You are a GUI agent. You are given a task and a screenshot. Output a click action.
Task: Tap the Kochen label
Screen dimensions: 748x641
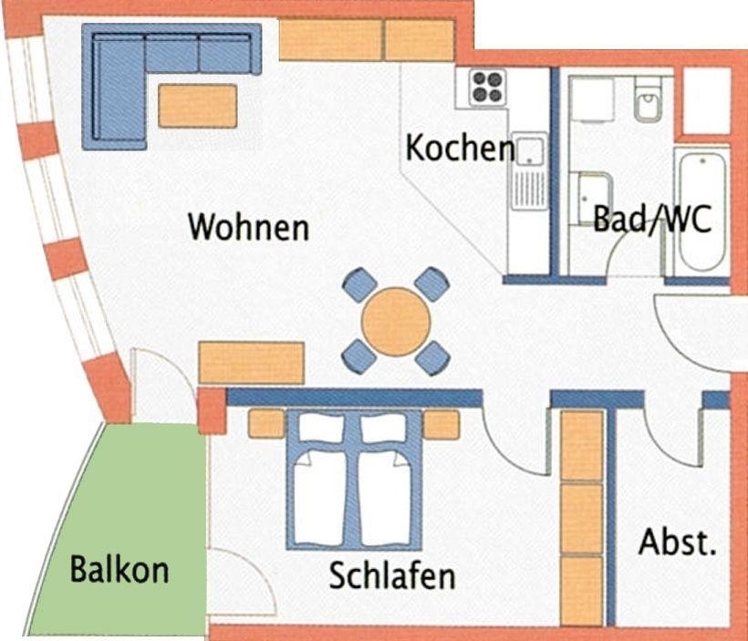coord(460,148)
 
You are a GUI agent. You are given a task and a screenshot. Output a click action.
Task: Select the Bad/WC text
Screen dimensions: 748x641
coord(652,219)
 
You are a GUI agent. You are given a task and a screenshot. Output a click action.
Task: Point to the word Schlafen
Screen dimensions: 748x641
coord(392,574)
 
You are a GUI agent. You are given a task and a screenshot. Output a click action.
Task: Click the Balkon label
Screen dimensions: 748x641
coord(119,569)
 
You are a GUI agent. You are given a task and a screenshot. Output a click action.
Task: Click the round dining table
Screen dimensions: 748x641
coord(396,322)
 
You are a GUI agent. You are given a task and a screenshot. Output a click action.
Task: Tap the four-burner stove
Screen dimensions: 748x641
coord(487,87)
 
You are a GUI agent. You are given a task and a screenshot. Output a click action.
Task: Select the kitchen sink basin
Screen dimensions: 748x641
coord(529,151)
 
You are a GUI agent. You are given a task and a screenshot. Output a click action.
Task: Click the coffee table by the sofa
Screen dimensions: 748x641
coord(198,106)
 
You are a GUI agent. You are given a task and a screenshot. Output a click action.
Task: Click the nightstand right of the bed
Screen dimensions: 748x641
coord(442,425)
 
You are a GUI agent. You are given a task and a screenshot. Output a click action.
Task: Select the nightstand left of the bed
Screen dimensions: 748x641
coord(266,424)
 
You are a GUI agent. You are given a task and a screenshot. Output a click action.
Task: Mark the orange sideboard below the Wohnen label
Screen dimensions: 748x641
coord(252,363)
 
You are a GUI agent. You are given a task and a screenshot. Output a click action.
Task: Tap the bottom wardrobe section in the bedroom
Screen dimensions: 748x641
coord(581,591)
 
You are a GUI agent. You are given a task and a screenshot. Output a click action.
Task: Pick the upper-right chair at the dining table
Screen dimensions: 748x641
coord(431,284)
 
